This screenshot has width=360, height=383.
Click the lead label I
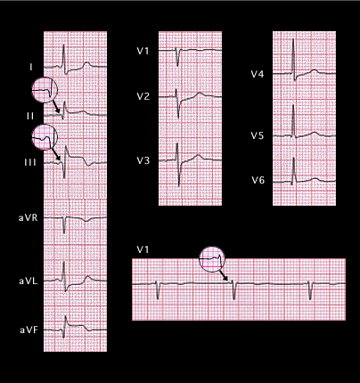click(31, 68)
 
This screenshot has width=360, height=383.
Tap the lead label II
click(30, 116)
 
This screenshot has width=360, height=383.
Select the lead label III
click(30, 162)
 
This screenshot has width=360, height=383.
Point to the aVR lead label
click(29, 218)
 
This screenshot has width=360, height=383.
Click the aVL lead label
click(29, 281)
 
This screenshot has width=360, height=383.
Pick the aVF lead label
click(29, 330)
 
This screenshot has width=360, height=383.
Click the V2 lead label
click(143, 96)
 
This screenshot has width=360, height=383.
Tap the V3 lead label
click(143, 160)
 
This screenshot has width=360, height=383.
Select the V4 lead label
click(258, 74)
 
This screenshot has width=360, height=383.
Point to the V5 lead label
click(258, 135)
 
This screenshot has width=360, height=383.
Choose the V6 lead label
click(258, 180)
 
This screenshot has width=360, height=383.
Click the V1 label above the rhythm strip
click(143, 249)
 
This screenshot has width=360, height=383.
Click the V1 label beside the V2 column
click(143, 51)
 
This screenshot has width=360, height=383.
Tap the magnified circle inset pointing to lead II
click(45, 90)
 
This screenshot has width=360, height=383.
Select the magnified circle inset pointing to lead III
click(45, 137)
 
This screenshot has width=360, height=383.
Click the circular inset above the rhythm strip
click(212, 259)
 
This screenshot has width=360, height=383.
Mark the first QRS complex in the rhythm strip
click(158, 289)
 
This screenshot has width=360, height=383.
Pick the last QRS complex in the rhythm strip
click(310, 290)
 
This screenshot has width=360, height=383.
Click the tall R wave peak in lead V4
click(293, 39)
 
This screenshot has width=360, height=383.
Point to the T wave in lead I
click(86, 64)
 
